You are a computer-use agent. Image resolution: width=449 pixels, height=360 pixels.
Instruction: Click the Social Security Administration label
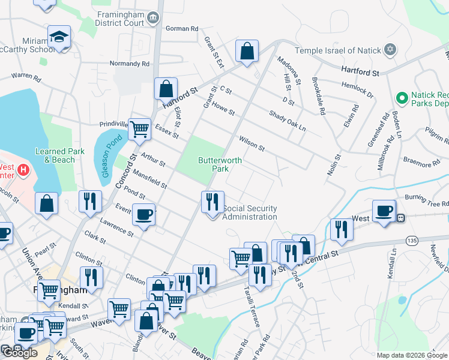(250, 212)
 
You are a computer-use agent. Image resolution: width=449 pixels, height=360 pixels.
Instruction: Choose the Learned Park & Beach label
(55, 155)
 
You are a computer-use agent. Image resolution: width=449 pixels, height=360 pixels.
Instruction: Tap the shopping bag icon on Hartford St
(166, 89)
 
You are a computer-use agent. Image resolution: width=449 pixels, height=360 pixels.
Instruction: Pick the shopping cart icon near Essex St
(139, 128)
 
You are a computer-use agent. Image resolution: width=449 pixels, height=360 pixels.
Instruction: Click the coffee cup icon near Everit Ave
(144, 215)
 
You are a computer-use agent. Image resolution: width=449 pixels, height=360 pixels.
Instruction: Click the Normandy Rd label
(129, 64)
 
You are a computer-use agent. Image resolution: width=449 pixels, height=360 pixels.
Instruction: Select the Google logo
(20, 353)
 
